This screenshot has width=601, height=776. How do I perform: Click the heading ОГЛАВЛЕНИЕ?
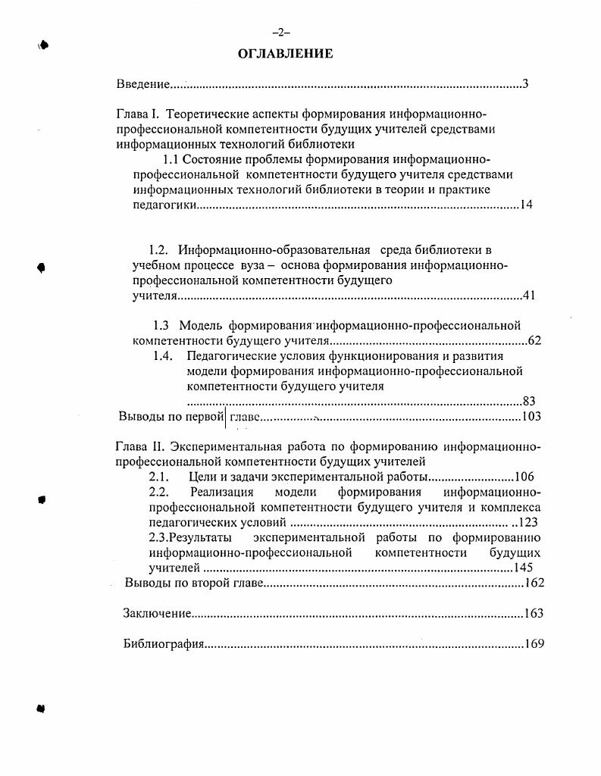(x=285, y=54)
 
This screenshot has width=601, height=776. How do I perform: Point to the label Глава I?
(x=137, y=114)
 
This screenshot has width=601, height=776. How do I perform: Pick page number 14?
(x=526, y=205)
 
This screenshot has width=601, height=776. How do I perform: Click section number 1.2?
(x=158, y=250)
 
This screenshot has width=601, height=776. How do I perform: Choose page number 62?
(x=534, y=340)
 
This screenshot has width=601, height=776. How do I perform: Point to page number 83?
(x=529, y=402)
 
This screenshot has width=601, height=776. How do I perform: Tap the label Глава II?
(x=139, y=446)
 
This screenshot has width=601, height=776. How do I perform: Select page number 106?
(x=524, y=477)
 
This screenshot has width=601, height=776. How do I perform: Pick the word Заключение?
(x=157, y=614)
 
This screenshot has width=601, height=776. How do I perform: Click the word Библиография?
(x=164, y=645)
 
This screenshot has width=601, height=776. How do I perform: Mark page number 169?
(x=534, y=645)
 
